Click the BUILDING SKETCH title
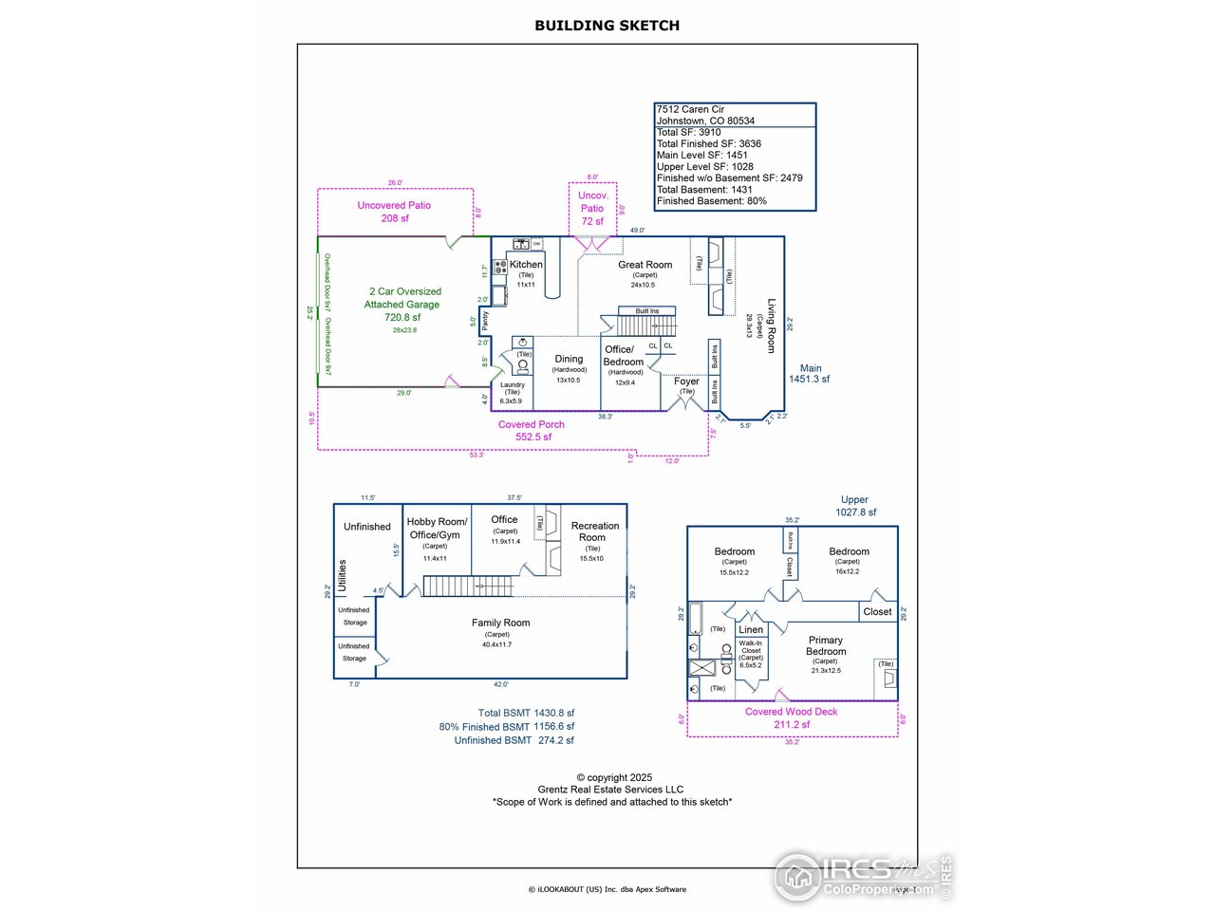pyautogui.click(x=607, y=26)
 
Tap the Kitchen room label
pyautogui.click(x=526, y=265)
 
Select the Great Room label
pyautogui.click(x=645, y=265)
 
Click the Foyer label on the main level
pyautogui.click(x=686, y=381)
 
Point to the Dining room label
pyautogui.click(x=569, y=359)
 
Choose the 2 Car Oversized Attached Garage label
pyautogui.click(x=403, y=298)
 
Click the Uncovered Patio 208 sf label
pyautogui.click(x=394, y=212)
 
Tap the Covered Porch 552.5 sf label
pyautogui.click(x=532, y=431)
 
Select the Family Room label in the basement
pyautogui.click(x=500, y=623)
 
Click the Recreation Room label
pyautogui.click(x=595, y=531)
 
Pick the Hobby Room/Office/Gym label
pyautogui.click(x=437, y=528)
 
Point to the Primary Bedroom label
pyautogui.click(x=826, y=645)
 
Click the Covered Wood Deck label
pyautogui.click(x=791, y=717)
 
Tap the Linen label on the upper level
pyautogui.click(x=751, y=629)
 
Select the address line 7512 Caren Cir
pyautogui.click(x=690, y=109)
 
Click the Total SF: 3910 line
pyautogui.click(x=689, y=132)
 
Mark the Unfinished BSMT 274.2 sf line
pyautogui.click(x=514, y=740)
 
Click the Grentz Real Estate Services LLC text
pyautogui.click(x=610, y=790)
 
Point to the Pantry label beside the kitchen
pyautogui.click(x=485, y=321)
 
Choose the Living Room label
pyautogui.click(x=771, y=325)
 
